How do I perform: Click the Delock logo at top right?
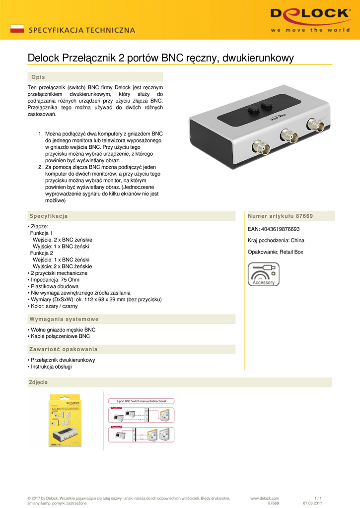pos(310,19)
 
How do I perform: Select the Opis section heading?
pos(38,77)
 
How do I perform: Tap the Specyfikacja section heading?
pos(49,216)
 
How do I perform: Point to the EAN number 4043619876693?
pos(274,229)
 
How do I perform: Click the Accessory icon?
pos(263,274)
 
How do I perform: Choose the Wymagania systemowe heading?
pos(64,319)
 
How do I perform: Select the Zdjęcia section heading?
pos(39,382)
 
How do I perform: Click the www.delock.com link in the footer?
pos(265,498)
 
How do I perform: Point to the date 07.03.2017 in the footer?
pos(313,504)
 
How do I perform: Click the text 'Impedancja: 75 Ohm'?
pos(54,280)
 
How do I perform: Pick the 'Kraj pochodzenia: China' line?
pos(276,241)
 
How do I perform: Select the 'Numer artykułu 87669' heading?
pos(280,216)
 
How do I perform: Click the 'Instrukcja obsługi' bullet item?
pos(51,367)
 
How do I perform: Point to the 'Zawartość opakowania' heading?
pos(64,349)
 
